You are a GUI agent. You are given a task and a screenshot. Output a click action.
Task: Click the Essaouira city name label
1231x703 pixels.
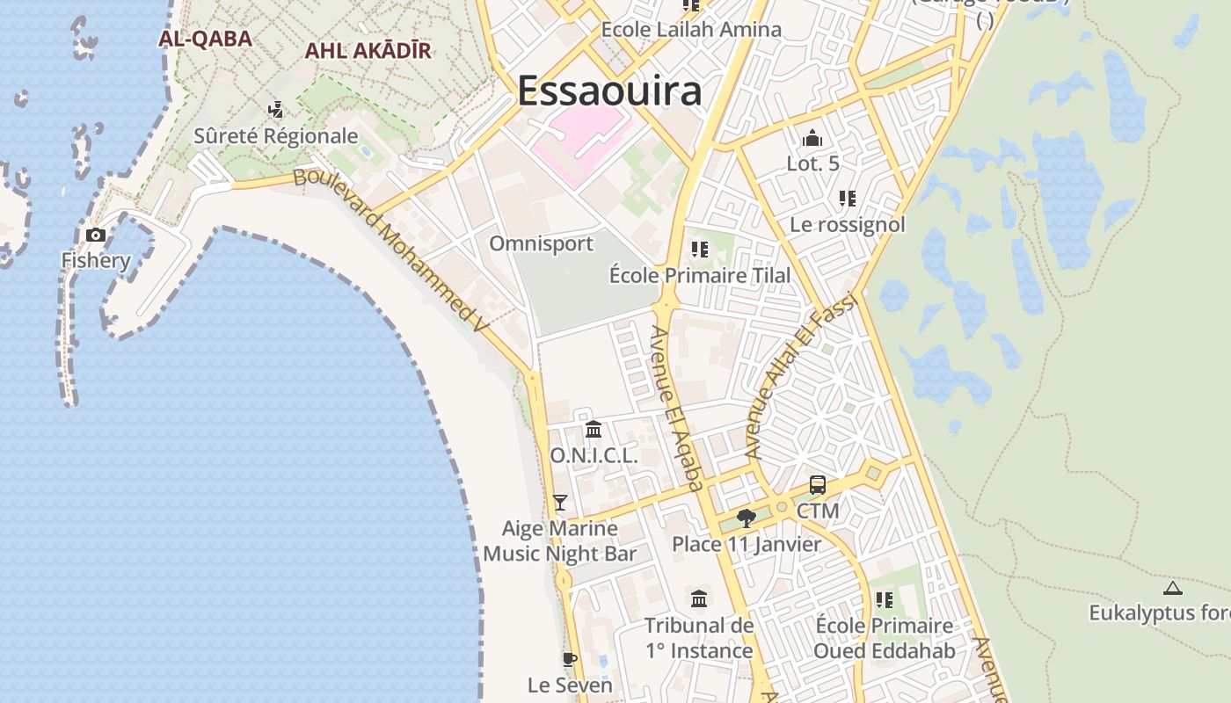[609, 91]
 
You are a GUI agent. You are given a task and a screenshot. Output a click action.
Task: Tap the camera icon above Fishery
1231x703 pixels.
[96, 235]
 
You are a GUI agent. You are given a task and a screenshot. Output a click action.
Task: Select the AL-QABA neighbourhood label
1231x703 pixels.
[205, 39]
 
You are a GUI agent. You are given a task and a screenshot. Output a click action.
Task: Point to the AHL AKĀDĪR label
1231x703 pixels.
[368, 51]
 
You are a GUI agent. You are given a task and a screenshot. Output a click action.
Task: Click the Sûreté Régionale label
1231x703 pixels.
[276, 136]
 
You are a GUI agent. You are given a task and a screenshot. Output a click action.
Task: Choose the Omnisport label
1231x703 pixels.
[541, 243]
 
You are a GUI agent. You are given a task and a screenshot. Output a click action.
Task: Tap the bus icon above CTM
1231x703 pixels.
[818, 485]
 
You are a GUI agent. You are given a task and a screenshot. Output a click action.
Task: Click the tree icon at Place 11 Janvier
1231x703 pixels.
[747, 518]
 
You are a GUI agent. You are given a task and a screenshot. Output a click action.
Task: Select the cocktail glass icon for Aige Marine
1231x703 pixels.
[560, 503]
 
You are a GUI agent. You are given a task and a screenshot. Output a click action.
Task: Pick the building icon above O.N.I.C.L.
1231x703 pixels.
[594, 430]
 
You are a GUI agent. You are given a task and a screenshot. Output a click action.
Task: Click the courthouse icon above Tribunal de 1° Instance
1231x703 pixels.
[699, 599]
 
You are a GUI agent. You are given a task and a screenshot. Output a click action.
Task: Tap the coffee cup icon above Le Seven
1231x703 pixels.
[570, 659]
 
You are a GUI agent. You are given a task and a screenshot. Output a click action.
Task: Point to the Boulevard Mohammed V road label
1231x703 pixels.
[390, 250]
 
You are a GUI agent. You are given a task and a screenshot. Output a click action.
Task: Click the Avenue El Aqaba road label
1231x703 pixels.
[677, 408]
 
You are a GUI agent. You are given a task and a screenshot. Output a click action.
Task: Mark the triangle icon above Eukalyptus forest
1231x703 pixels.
[1172, 588]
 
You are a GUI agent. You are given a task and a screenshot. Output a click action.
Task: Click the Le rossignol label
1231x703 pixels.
[847, 224]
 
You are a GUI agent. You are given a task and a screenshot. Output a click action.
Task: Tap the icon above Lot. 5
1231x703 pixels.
[812, 138]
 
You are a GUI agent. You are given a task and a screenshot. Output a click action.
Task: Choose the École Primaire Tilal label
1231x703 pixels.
[700, 275]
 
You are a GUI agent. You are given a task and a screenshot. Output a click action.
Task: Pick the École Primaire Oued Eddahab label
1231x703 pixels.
[884, 638]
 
